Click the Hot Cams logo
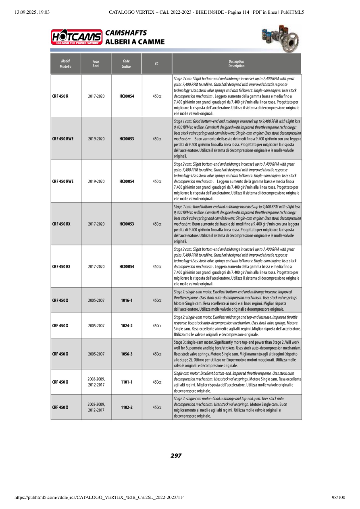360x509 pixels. pyautogui.click(x=77, y=37)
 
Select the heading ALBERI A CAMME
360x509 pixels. pyautogui.click(x=135, y=42)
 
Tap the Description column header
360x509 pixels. pyautogui.click(x=236, y=64)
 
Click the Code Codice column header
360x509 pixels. pyautogui.click(x=126, y=64)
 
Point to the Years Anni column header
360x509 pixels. pyautogui.click(x=96, y=64)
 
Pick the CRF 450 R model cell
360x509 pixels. pyautogui.click(x=60, y=97)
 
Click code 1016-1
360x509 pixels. pyautogui.click(x=127, y=300)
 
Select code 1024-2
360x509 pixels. pyautogui.click(x=127, y=326)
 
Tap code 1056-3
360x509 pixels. pyautogui.click(x=127, y=354)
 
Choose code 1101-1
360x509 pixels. pyautogui.click(x=127, y=382)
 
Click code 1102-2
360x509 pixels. pyautogui.click(x=127, y=407)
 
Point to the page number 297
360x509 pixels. pyautogui.click(x=176, y=456)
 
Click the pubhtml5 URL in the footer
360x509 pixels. pyautogui.click(x=100, y=498)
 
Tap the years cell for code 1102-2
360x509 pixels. pyautogui.click(x=96, y=407)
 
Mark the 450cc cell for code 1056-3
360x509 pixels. pyautogui.click(x=157, y=354)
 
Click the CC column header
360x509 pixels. pyautogui.click(x=156, y=64)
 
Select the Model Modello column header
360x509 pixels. pyautogui.click(x=66, y=64)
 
